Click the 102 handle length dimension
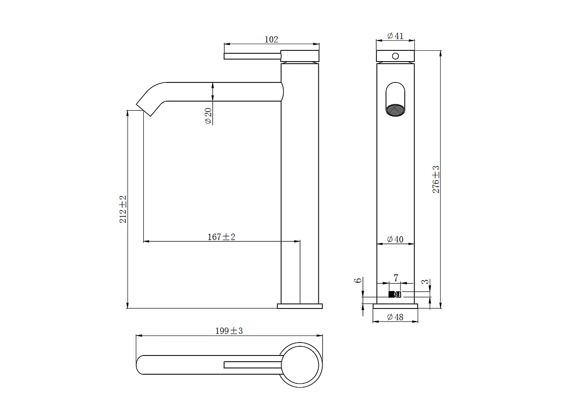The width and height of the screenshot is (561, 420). click(271, 40)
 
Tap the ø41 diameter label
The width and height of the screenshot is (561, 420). click(395, 36)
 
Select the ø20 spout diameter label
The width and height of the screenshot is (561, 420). click(208, 116)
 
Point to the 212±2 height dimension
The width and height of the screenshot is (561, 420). click(123, 209)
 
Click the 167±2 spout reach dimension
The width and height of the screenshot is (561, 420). click(221, 237)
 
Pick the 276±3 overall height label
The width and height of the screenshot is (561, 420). click(436, 179)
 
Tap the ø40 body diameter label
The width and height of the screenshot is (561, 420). click(395, 239)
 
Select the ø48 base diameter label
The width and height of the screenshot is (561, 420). click(395, 317)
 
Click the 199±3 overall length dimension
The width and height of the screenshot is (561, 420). click(229, 331)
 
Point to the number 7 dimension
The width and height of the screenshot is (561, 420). click(396, 278)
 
